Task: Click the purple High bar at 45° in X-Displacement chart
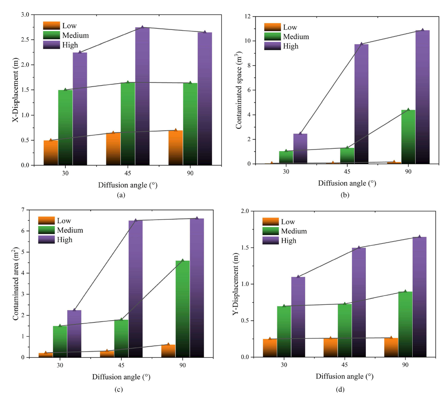(142, 96)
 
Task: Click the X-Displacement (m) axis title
(15, 89)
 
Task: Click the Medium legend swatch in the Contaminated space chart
(272, 37)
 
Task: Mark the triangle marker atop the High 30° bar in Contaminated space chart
(300, 133)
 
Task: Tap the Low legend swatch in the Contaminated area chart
(46, 221)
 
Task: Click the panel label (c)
(119, 390)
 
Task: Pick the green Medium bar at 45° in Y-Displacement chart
(345, 330)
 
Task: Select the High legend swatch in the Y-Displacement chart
(270, 241)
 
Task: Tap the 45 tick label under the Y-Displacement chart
(344, 365)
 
